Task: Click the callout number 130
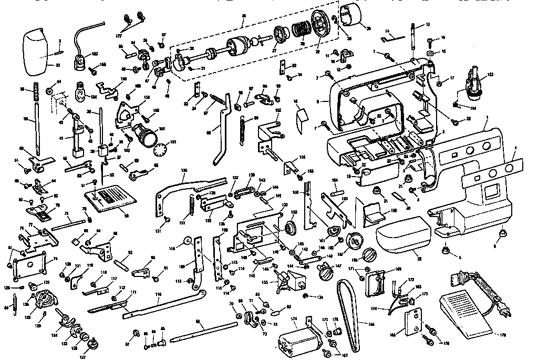click(x=184, y=171)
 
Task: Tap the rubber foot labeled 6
click(x=502, y=232)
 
